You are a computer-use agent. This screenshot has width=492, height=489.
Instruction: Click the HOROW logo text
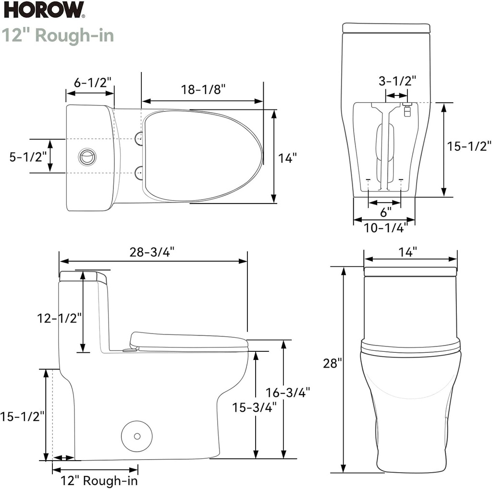pyautogui.click(x=44, y=10)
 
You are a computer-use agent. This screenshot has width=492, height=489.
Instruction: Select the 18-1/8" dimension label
pyautogui.click(x=203, y=90)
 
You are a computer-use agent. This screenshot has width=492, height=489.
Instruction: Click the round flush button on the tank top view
pyautogui.click(x=87, y=156)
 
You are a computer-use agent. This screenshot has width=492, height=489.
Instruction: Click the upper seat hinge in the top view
pyautogui.click(x=139, y=139)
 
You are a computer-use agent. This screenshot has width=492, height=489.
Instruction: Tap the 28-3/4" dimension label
pyautogui.click(x=152, y=251)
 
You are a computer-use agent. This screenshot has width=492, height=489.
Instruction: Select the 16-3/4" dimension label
pyautogui.click(x=287, y=392)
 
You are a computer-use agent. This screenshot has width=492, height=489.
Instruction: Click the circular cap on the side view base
pyautogui.click(x=136, y=436)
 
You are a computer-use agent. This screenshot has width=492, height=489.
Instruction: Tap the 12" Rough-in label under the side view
pyautogui.click(x=98, y=480)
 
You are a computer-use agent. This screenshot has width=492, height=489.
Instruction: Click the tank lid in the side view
pyautogui.click(x=83, y=277)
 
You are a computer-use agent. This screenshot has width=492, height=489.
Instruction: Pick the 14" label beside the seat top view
pyautogui.click(x=287, y=158)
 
